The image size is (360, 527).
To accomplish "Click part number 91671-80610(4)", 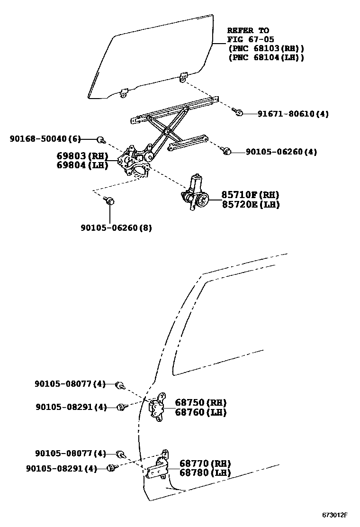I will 293,114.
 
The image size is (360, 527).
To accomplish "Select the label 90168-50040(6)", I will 45,139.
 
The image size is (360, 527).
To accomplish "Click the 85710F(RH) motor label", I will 251,195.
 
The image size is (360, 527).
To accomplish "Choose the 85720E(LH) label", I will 251,204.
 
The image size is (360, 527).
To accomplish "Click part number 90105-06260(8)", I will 116,227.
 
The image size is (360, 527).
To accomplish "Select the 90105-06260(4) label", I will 281,152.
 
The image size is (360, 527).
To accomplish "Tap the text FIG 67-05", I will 251,39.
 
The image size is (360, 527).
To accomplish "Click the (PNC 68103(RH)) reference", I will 266,48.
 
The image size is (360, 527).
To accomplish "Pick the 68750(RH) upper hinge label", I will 201,402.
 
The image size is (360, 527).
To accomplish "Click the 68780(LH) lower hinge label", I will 205,472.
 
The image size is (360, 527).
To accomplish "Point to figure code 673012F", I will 335,515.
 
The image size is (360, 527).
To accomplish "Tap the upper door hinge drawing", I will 158,406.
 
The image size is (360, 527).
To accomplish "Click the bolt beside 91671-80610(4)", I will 239,113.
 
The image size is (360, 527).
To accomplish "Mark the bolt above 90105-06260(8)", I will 110,201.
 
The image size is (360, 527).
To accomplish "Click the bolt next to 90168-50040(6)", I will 100,139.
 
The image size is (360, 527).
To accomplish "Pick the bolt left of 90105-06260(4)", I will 226,151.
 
